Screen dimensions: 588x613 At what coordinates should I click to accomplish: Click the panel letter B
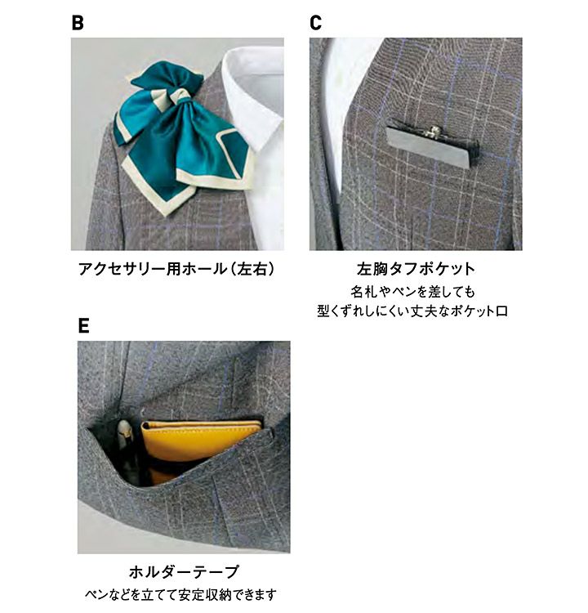point(78,22)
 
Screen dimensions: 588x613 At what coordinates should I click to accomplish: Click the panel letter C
point(316,22)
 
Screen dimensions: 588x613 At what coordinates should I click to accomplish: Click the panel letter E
point(83,325)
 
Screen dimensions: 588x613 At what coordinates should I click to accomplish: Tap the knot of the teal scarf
point(181,96)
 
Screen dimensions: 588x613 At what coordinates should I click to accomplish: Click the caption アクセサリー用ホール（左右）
point(176,269)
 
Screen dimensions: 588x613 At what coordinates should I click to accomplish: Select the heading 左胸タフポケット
point(416,269)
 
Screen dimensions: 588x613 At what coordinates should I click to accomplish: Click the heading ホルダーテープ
point(184,572)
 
